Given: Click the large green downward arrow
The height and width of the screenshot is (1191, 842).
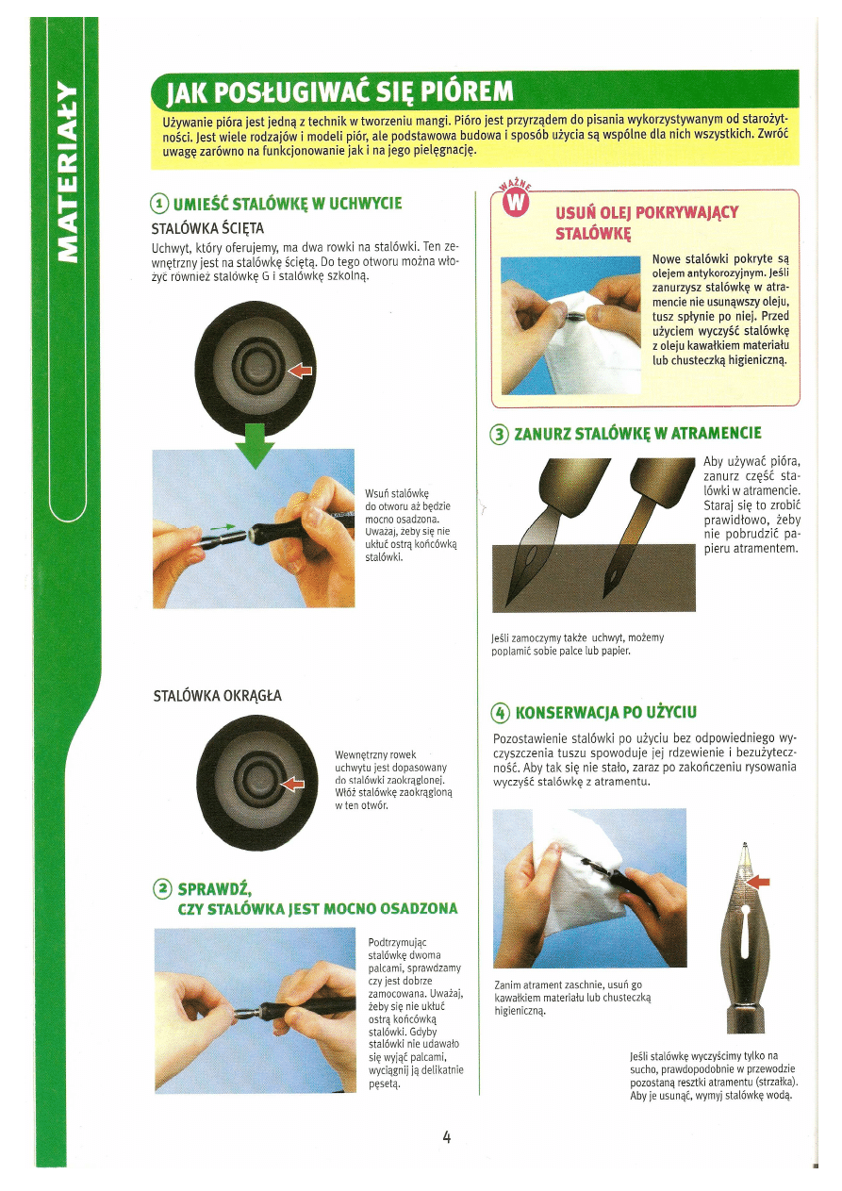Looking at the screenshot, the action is click(x=255, y=445).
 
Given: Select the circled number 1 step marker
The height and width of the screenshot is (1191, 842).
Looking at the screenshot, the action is click(x=160, y=204).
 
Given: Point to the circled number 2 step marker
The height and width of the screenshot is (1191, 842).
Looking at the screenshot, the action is click(x=163, y=888).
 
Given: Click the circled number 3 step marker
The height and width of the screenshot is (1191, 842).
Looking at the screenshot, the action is click(x=499, y=435).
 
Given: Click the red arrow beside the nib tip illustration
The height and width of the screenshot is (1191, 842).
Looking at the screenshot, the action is click(x=758, y=882).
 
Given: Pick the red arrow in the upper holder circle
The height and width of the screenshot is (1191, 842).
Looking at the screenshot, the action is click(x=300, y=370).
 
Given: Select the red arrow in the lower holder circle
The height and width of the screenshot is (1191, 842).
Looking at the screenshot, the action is click(x=292, y=783).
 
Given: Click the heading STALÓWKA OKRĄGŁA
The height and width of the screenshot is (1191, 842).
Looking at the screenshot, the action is click(x=218, y=696).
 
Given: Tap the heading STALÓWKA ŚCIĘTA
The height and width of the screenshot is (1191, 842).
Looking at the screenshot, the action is click(x=207, y=228).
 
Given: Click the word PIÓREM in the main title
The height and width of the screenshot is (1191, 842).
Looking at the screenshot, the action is click(x=467, y=92).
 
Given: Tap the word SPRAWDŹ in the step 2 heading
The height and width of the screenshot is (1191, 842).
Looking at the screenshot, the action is click(x=214, y=888).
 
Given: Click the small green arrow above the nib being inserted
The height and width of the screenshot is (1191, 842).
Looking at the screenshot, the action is click(x=223, y=527).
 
